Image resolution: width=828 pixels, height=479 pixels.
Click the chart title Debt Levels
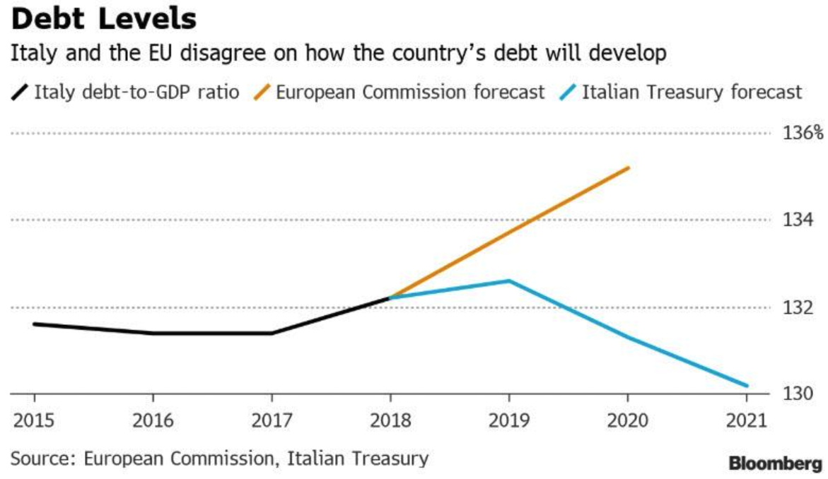click(103, 19)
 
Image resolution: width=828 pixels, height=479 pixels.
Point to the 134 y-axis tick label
click(798, 220)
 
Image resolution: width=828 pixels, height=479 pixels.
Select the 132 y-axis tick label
click(798, 308)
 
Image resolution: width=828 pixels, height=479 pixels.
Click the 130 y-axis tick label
click(798, 394)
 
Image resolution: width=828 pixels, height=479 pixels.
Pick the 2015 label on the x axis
click(34, 421)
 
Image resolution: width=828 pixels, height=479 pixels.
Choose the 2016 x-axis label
click(152, 421)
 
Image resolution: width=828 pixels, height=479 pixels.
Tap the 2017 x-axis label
click(271, 421)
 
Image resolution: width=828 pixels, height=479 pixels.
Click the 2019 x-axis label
click(509, 421)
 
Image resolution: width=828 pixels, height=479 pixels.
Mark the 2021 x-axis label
click(747, 421)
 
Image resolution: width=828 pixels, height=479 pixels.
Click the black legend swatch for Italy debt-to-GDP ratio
click(21, 93)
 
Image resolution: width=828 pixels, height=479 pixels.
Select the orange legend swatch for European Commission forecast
click(262, 93)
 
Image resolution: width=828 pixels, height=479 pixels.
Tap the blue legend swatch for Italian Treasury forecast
click(568, 93)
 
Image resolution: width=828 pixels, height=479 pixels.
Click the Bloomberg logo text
click(776, 464)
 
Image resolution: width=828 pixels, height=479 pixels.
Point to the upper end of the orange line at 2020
click(628, 168)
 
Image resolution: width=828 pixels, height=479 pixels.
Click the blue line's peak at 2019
click(509, 281)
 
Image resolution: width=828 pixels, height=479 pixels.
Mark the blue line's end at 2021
click(747, 386)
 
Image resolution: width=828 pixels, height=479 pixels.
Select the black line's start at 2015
click(34, 324)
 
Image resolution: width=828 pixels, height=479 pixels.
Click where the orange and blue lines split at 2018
click(390, 298)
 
